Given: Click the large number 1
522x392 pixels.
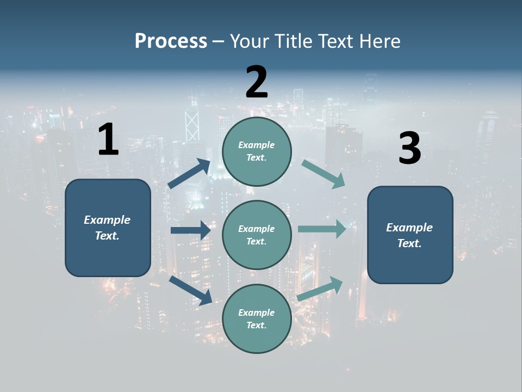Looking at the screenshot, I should pos(108,140).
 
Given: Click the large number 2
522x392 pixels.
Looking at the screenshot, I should pos(257,82).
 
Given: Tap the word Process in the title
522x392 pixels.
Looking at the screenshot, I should pos(171,41).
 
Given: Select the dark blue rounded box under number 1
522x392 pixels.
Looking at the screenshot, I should pos(108,228).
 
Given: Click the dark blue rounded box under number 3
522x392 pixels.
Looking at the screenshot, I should pos(410,235).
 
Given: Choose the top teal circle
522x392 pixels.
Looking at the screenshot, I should pos(257,151).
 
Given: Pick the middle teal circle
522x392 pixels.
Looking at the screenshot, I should pos(257,235).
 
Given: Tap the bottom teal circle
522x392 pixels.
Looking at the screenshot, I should pos(257,318).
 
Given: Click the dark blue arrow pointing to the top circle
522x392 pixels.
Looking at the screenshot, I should pos(189,174).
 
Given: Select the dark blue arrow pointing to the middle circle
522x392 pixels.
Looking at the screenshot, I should pos(190,230).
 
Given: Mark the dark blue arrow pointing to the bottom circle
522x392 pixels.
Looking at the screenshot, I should pos(191,290).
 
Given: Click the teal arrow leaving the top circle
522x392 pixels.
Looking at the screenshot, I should pos(324,174).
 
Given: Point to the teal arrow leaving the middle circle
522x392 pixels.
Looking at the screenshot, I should pos(322,229).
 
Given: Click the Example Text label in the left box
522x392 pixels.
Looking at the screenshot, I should pos(107,228).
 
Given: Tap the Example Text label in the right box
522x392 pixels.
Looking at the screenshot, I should pos(409,235).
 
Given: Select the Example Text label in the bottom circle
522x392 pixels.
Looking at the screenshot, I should pos(256,318).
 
